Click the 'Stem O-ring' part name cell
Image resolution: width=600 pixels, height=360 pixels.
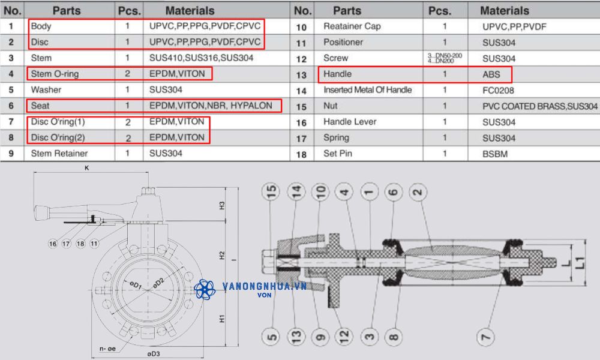[x=55, y=74]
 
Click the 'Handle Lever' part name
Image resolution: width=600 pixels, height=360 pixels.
[x=350, y=122]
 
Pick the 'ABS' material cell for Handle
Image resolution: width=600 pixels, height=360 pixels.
[x=491, y=74]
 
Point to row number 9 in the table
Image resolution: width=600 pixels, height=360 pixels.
[x=11, y=154]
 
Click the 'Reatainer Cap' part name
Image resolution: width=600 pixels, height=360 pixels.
[x=352, y=26]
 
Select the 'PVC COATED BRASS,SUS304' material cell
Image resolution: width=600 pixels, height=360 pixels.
[x=539, y=106]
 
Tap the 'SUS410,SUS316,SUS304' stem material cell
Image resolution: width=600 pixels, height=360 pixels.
[x=201, y=58]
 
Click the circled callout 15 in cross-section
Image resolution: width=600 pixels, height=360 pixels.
[x=273, y=192]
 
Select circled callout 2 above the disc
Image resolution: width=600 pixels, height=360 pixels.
[x=418, y=192]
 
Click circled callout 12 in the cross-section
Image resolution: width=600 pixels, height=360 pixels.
[x=344, y=337]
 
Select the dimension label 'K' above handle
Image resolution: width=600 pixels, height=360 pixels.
[x=86, y=169]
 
